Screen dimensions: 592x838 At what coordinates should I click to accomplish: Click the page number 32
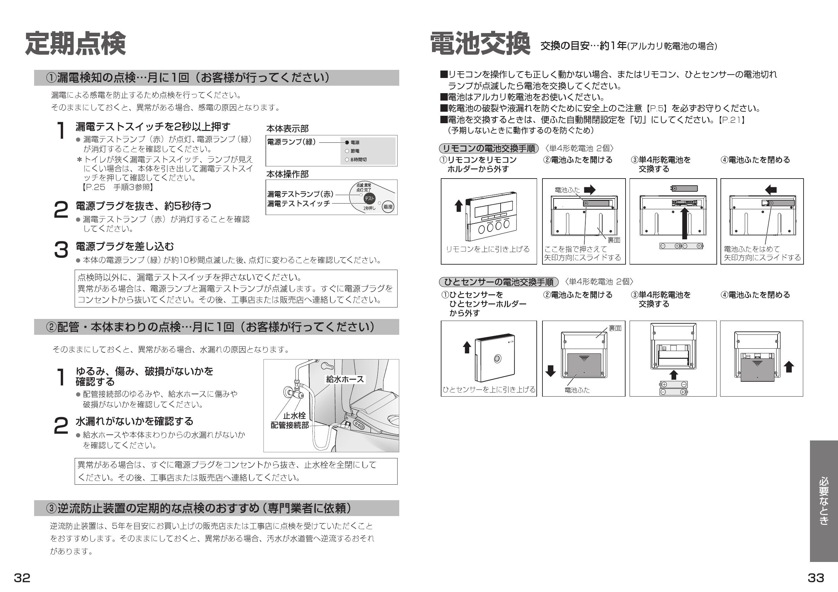(22, 578)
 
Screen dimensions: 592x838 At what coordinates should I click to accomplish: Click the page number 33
(816, 578)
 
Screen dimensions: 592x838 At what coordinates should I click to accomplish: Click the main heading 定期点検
(75, 44)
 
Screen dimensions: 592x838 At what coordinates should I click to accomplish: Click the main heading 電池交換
(480, 44)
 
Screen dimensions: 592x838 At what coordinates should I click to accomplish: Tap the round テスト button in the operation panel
(369, 198)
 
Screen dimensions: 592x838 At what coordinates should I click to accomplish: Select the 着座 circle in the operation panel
(388, 207)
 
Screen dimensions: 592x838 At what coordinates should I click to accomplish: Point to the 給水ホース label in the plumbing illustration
(345, 379)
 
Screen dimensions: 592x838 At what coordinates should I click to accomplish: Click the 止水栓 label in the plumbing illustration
(294, 415)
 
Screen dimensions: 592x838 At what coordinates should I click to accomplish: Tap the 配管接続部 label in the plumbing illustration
(289, 425)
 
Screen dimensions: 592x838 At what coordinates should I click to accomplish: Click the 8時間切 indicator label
(358, 160)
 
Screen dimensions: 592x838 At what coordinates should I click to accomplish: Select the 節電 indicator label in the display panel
(355, 151)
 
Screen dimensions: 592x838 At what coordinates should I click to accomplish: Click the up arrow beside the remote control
(458, 206)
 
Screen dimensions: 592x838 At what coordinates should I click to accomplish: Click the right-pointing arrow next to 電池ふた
(589, 190)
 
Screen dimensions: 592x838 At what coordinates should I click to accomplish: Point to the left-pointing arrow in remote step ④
(770, 190)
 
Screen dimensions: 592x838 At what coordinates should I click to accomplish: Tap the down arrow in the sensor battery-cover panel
(551, 371)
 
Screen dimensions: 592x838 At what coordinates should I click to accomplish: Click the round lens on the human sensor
(497, 359)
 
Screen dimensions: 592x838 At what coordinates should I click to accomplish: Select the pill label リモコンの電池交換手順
(489, 149)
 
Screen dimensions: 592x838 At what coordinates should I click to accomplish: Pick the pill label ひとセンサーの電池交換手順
(499, 282)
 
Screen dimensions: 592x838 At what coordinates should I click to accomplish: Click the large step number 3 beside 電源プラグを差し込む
(61, 250)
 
